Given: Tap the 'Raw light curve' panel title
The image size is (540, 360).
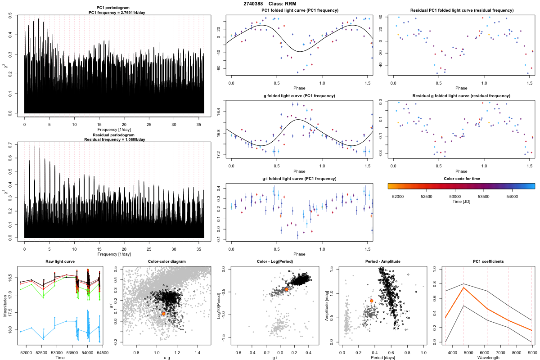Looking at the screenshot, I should [60, 262].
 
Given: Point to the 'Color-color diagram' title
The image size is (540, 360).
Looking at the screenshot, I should [166, 262].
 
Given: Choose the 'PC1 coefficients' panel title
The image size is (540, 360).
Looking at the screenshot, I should [488, 262].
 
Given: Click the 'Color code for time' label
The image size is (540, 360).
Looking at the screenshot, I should [461, 179].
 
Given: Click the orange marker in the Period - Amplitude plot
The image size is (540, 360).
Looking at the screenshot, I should [372, 301].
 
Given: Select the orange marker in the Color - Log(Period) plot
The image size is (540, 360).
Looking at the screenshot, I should [287, 289].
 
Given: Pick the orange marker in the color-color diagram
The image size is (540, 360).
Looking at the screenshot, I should [163, 314].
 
